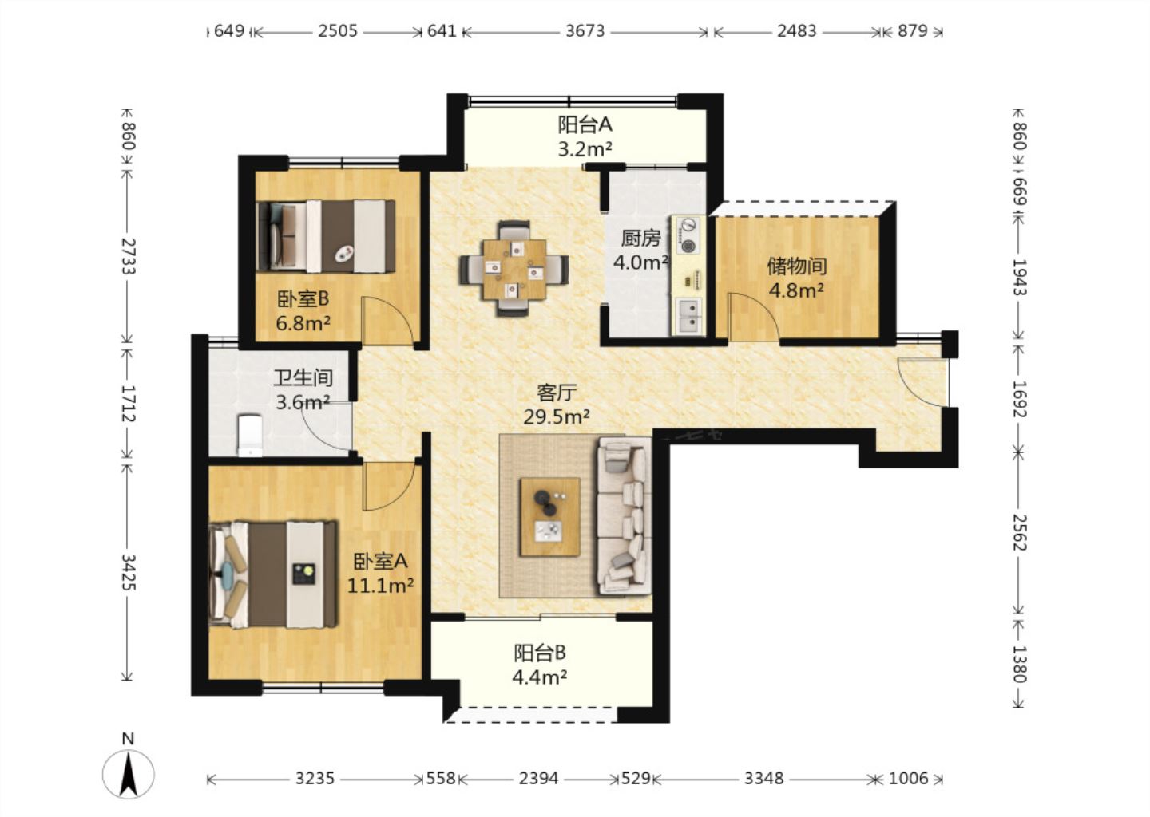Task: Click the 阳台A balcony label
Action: [585, 124]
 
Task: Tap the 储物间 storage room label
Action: [797, 266]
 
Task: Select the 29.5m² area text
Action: [557, 417]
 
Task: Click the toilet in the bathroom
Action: [250, 436]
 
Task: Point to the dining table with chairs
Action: [514, 269]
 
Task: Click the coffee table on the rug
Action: [549, 517]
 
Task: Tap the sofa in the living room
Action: [624, 515]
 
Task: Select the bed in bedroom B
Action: [326, 236]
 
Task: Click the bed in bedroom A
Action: [273, 574]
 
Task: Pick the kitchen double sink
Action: [688, 316]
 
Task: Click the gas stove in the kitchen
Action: [688, 235]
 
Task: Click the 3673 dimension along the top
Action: [585, 31]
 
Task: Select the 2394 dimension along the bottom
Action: [538, 779]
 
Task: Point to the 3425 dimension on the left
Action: [128, 572]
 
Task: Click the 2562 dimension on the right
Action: [1019, 531]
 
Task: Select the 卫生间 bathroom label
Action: [303, 378]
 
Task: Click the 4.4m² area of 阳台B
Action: [540, 677]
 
